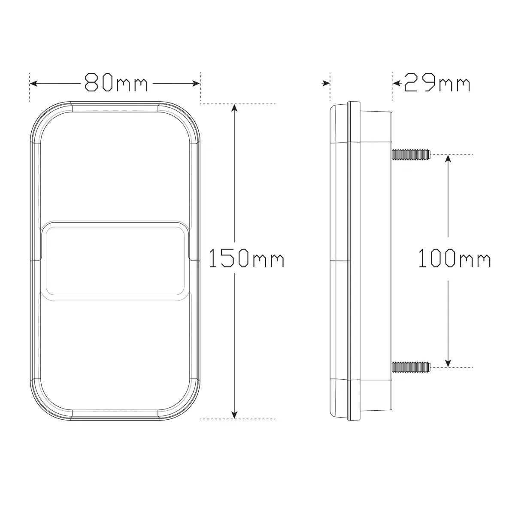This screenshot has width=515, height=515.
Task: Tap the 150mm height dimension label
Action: [246, 258]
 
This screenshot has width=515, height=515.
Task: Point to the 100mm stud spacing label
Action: [454, 258]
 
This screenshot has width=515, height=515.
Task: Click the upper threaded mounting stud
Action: [411, 154]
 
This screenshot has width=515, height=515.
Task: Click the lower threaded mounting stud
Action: [411, 367]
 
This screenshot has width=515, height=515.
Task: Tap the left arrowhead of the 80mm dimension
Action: [33, 83]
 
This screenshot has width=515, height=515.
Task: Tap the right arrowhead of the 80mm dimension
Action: [196, 83]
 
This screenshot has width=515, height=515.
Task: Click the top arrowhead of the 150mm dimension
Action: [234, 108]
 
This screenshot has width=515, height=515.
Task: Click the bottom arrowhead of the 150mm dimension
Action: [234, 415]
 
